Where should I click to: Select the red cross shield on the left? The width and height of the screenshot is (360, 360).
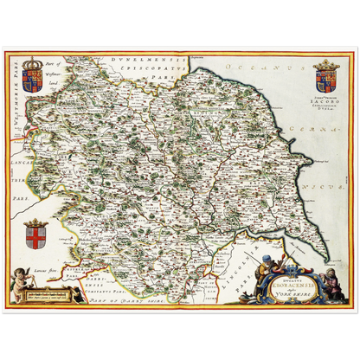(35, 236)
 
